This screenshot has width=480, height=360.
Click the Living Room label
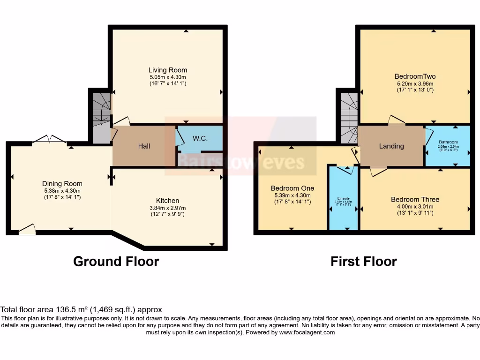pos(168,70)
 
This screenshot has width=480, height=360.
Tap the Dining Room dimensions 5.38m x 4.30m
pos(62,191)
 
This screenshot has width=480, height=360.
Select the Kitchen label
pos(168,201)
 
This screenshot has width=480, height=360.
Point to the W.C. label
pos(200,139)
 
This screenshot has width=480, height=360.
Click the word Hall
pos(144,146)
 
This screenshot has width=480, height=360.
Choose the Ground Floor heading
pos(116,261)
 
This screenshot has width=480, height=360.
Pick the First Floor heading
pos(363,261)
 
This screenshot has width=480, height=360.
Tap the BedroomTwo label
pos(412,76)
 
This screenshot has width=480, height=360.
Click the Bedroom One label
pos(292,188)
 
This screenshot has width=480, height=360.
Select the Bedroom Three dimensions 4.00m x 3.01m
pos(415,206)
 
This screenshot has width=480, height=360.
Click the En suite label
pos(343,198)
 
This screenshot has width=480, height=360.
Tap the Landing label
pos(391,146)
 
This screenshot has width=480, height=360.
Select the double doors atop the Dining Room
pos(50,139)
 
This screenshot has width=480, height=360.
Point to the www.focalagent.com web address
pos(307,332)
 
